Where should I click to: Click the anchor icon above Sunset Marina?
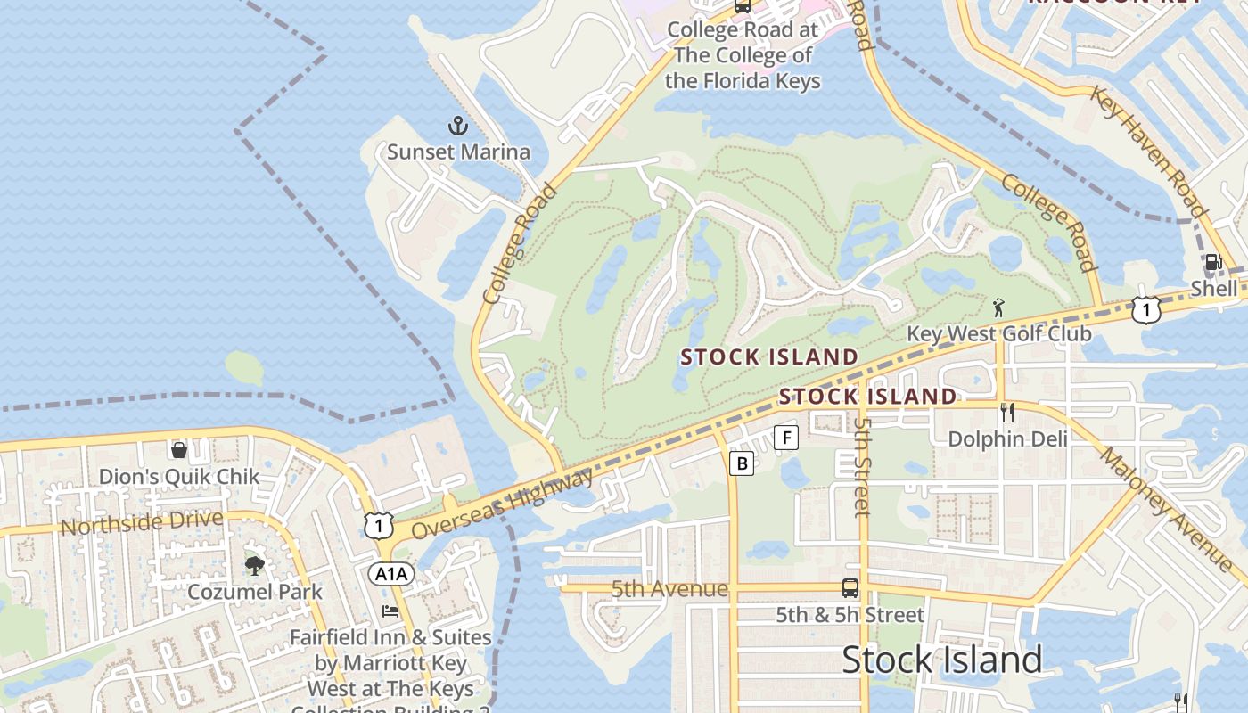tap(457, 126)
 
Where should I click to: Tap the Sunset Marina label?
tap(458, 152)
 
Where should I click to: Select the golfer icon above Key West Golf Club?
tap(998, 308)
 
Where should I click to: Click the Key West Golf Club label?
tap(998, 334)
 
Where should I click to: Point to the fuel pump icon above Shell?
tap(1212, 263)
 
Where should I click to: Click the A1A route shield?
tap(391, 574)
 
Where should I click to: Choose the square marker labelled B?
tap(741, 463)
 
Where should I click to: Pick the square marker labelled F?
tap(785, 437)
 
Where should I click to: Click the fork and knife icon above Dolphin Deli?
tap(1007, 412)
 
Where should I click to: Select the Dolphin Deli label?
tap(1007, 438)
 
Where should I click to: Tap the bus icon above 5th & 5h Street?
tap(850, 588)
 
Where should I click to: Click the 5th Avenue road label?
tap(669, 589)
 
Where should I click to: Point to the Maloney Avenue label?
tap(1166, 510)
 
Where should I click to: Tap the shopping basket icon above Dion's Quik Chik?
tap(178, 449)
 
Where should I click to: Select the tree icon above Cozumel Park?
tap(255, 565)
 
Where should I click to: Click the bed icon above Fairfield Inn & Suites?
tap(390, 611)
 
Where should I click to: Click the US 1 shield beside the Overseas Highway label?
tap(379, 526)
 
